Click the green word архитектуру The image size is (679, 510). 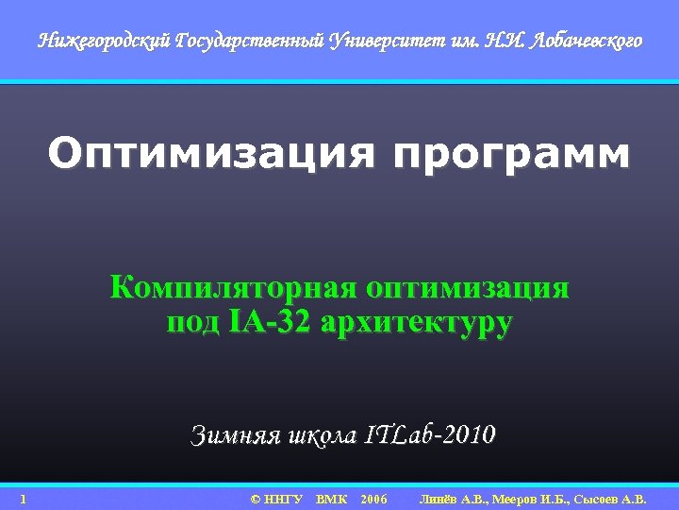tap(417, 322)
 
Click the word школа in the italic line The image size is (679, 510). tap(320, 435)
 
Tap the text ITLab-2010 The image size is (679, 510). tap(428, 435)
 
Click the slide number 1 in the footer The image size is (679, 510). tap(23, 499)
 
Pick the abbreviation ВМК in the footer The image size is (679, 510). tap(332, 499)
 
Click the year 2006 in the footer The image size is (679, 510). tap(373, 499)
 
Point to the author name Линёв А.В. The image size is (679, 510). tap(454, 499)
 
